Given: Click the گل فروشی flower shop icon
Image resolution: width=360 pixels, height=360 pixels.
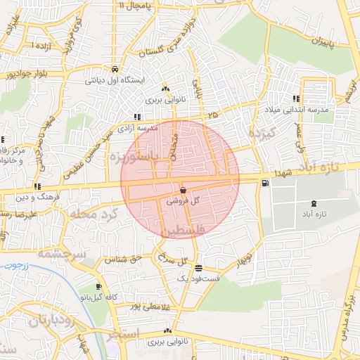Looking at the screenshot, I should point(183,190).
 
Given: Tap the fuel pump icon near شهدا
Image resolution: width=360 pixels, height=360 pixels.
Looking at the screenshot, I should point(264,184).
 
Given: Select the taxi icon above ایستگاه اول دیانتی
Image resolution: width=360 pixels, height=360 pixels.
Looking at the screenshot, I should point(114,70).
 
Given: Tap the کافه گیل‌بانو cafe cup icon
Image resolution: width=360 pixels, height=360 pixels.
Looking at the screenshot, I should point(98,286).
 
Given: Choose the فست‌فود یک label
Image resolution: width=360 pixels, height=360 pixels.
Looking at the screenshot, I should point(198,279).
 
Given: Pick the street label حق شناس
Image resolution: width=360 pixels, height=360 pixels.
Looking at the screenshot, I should point(123,259).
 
